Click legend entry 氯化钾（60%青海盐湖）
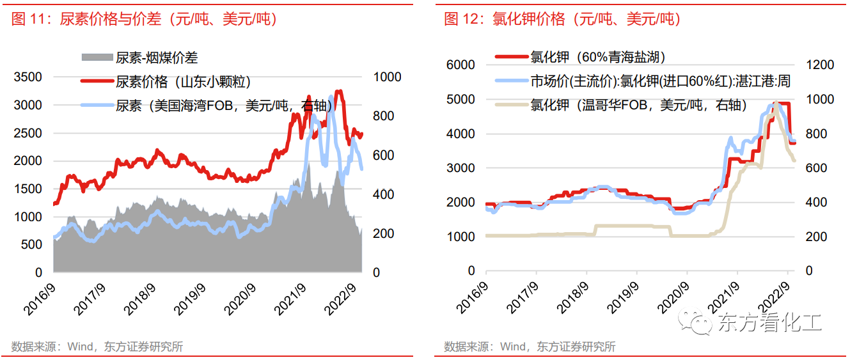pyautogui.click(x=598, y=58)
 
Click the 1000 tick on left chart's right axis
pyautogui.click(x=387, y=77)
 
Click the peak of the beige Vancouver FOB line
pyautogui.click(x=776, y=102)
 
